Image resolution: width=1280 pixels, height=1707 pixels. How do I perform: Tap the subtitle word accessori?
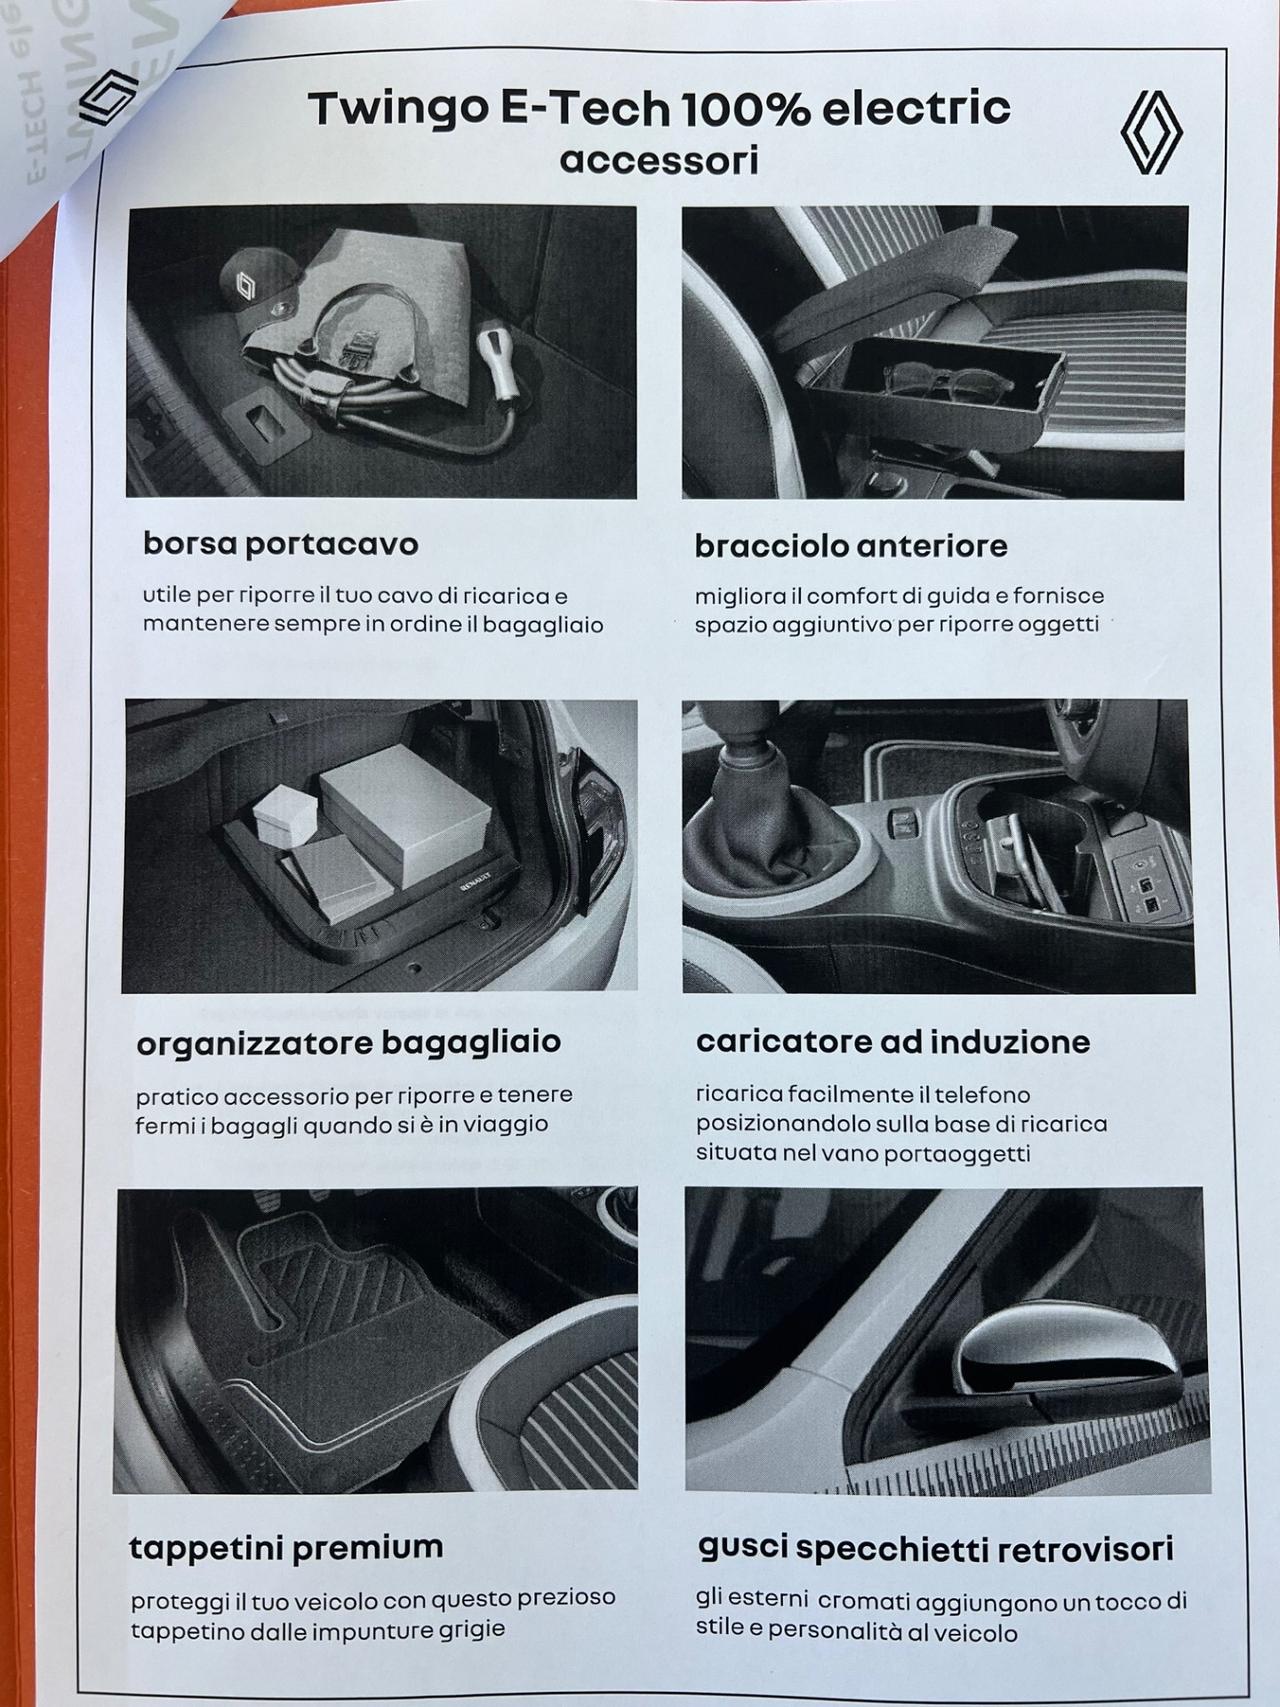(659, 160)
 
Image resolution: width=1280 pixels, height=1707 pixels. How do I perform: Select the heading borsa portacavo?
(280, 544)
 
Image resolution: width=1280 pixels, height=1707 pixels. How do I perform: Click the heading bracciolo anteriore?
(850, 546)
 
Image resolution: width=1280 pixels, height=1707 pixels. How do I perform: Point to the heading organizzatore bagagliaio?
(348, 1042)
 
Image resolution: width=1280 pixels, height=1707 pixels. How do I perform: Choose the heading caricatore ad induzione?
(892, 1042)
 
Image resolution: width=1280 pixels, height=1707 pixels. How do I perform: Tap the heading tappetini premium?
(286, 1547)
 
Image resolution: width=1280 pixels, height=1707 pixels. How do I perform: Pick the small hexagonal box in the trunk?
(285, 815)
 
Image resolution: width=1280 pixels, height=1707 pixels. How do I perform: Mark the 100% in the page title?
(746, 109)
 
